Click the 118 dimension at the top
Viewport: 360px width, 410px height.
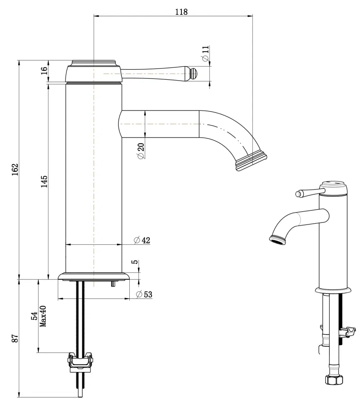181,12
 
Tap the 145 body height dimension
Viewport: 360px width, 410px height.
44,181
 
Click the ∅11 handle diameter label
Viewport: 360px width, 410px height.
205,53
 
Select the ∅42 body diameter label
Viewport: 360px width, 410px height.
142,240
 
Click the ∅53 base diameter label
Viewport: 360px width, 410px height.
144,294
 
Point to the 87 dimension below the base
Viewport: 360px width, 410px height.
15,338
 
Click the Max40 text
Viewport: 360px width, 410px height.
43,316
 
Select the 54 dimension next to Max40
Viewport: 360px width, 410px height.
35,316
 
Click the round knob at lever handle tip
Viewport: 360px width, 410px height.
193,73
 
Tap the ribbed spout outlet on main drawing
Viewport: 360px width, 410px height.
251,161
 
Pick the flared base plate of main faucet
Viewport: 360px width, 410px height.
94,276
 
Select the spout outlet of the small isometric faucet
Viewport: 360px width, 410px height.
277,239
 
